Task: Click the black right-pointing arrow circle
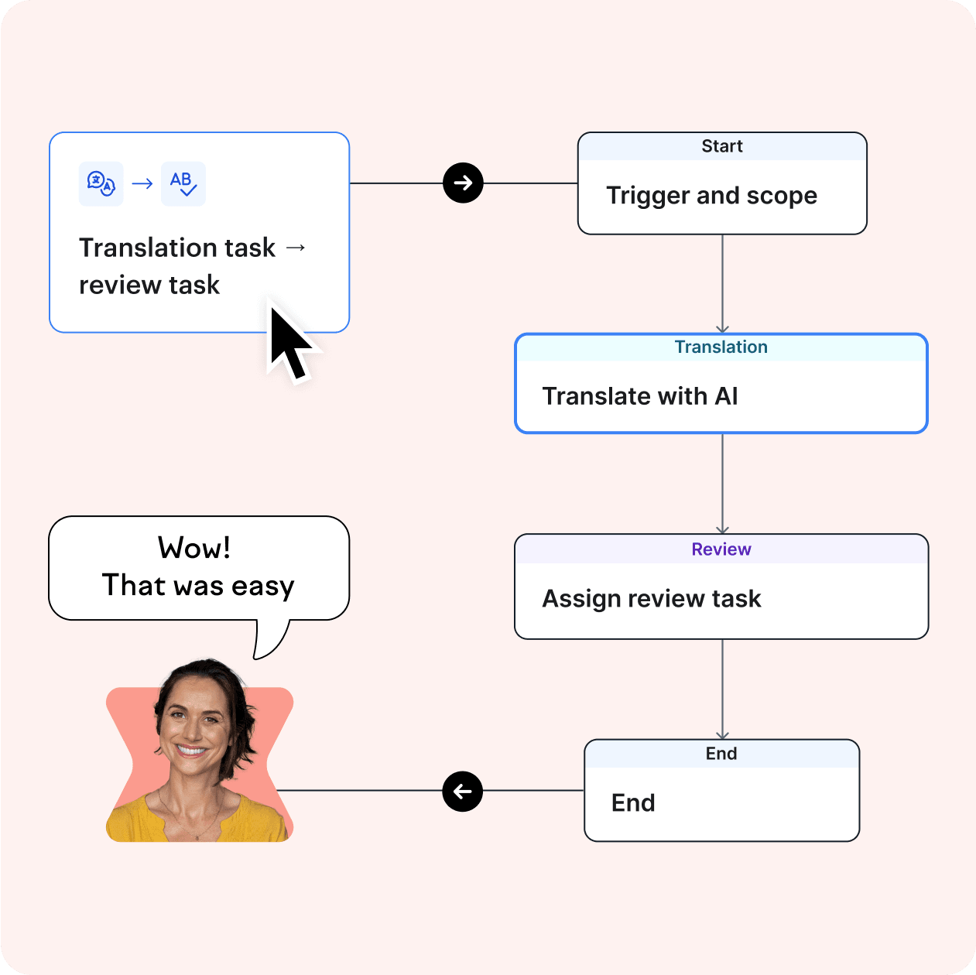tap(463, 183)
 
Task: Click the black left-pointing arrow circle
tap(463, 792)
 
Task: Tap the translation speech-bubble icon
tap(101, 183)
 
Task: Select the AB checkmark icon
tap(183, 183)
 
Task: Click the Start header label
tap(722, 146)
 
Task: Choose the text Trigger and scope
tap(711, 196)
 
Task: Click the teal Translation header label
tap(721, 347)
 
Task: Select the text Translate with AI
tap(640, 396)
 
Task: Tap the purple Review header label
tap(721, 549)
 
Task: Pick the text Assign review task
tap(652, 599)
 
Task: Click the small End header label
tap(721, 754)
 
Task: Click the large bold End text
tap(633, 803)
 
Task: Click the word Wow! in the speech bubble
tap(194, 548)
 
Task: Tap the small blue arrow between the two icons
tap(142, 183)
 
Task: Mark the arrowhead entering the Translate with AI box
tap(722, 329)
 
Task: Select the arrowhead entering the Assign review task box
tap(722, 529)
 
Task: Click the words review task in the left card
tap(149, 285)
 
